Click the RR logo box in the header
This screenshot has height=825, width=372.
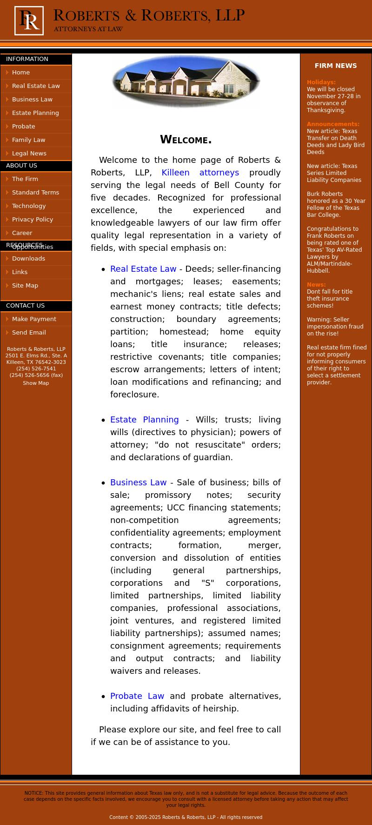tap(29, 20)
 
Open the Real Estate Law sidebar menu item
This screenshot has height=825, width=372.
tap(36, 86)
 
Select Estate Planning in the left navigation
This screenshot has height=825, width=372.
tap(35, 113)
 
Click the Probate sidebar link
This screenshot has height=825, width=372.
tap(24, 127)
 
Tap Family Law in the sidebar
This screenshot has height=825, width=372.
tap(29, 140)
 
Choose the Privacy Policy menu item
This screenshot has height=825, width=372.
tap(33, 220)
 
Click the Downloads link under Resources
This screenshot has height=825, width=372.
tap(28, 259)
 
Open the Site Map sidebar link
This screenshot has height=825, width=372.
tap(25, 286)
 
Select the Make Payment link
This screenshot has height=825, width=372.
tap(34, 319)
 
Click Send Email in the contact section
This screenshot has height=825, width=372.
tap(29, 333)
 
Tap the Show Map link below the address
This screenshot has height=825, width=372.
tap(36, 383)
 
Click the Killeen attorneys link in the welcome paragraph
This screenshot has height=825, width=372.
tap(200, 173)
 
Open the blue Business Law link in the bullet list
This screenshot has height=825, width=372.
tap(138, 483)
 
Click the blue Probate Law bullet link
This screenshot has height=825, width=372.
tap(137, 696)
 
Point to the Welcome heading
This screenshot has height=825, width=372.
tap(186, 140)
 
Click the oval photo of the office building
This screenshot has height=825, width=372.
tap(186, 81)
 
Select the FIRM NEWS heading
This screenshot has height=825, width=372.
tap(335, 66)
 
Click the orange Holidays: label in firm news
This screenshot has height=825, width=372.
tap(321, 82)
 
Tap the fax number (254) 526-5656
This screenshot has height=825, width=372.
tap(36, 375)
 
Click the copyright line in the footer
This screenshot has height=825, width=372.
tap(186, 817)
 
